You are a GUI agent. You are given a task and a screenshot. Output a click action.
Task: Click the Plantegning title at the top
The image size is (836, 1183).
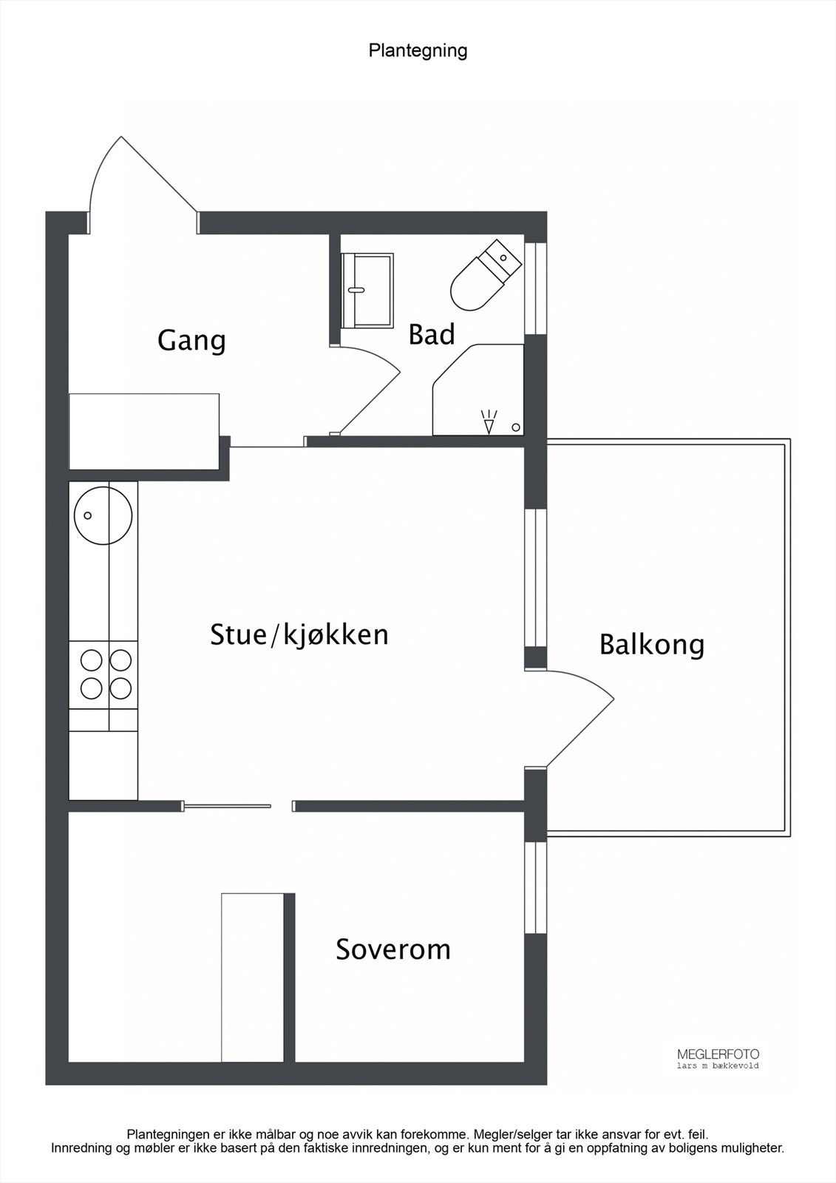click(418, 50)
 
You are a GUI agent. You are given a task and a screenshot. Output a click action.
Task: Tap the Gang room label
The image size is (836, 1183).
click(191, 341)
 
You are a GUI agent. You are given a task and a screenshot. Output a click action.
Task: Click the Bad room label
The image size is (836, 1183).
click(432, 334)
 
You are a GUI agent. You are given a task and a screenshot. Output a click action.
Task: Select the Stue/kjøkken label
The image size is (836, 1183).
click(299, 634)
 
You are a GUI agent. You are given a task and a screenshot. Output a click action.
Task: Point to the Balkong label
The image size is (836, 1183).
click(651, 644)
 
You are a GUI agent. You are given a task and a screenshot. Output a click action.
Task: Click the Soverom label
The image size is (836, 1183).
click(393, 949)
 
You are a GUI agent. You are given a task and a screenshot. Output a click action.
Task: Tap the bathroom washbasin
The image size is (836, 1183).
click(367, 289)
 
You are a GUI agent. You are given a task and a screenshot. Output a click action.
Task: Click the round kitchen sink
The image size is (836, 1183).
click(103, 514)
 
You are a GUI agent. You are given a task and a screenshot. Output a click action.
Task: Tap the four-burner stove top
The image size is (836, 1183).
click(103, 674)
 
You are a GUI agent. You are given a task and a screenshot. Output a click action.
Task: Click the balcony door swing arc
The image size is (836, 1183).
click(584, 710)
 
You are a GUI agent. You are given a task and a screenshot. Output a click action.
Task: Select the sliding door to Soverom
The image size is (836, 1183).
click(228, 806)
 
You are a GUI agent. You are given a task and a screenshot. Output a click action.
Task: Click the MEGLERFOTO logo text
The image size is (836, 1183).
click(718, 1054)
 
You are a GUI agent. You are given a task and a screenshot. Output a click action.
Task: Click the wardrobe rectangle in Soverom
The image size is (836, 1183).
click(253, 977)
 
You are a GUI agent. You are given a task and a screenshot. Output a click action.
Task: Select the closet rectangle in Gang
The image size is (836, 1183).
click(143, 430)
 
